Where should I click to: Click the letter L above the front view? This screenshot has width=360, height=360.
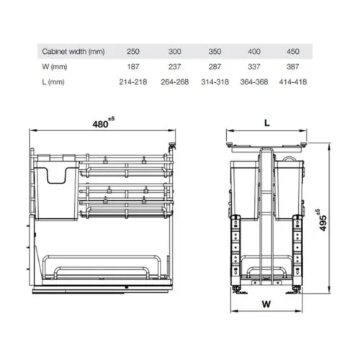point(266,123)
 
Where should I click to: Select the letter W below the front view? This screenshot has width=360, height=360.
point(266,303)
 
